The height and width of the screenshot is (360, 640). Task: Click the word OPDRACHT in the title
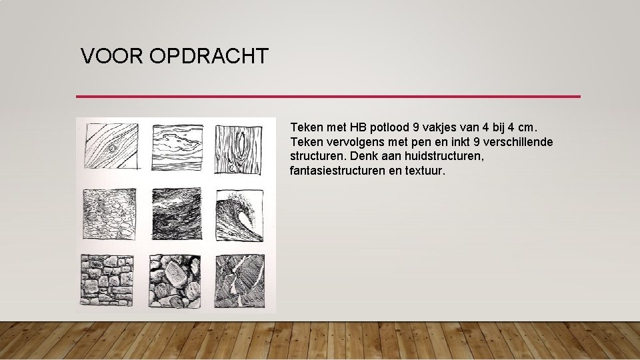(209, 56)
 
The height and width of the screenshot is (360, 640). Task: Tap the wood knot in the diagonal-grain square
(113, 147)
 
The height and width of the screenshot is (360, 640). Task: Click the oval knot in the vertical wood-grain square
(241, 148)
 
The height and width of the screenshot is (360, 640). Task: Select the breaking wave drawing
(241, 214)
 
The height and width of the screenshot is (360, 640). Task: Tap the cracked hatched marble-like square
(241, 280)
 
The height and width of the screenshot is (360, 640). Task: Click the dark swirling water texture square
(177, 214)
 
